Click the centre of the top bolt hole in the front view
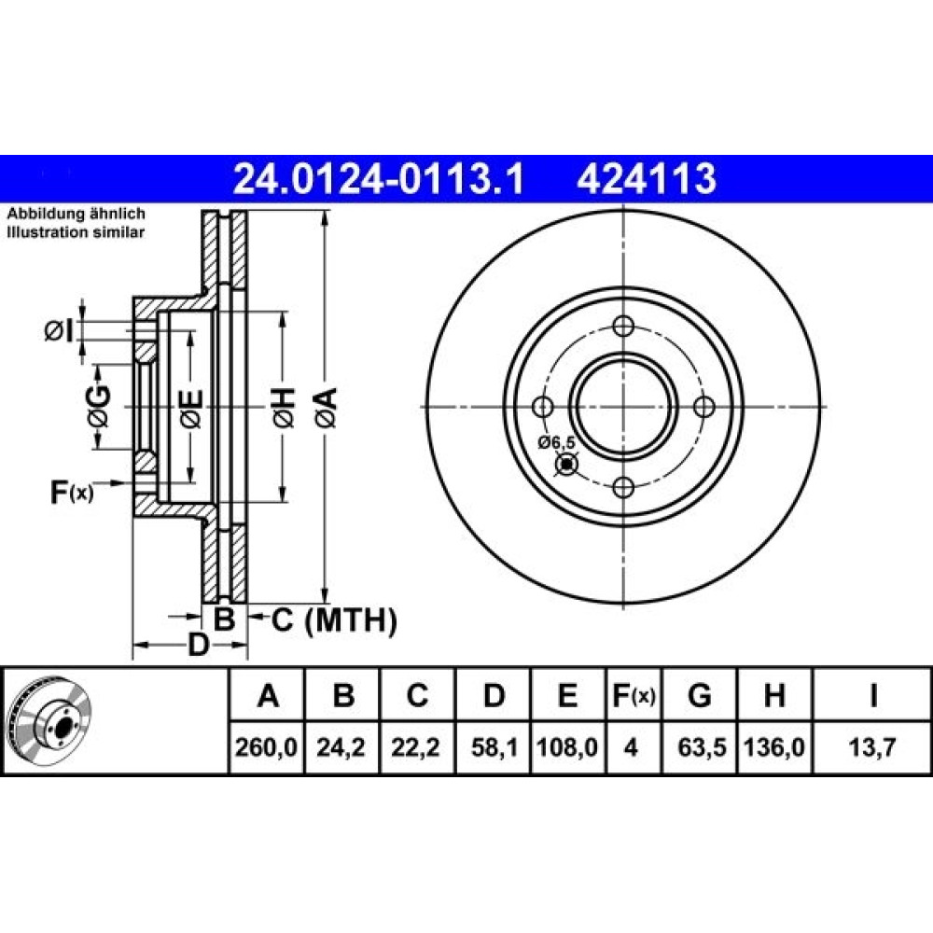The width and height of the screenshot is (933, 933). click(623, 326)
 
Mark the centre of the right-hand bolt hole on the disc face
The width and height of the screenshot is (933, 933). click(704, 407)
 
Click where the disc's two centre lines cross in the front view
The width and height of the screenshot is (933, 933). click(623, 407)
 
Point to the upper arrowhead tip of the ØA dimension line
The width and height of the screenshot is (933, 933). click(325, 212)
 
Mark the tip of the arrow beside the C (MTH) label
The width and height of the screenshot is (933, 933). click(247, 617)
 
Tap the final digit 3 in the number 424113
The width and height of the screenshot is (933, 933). click(704, 178)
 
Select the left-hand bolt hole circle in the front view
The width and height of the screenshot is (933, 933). click(543, 407)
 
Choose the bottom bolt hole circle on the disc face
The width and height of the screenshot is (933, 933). click(623, 488)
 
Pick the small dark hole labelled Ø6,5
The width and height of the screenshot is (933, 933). click(566, 464)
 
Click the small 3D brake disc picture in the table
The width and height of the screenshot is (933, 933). click(50, 720)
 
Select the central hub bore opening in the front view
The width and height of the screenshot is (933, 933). click(623, 407)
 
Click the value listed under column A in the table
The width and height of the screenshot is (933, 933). click(266, 746)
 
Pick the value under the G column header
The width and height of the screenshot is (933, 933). click(701, 746)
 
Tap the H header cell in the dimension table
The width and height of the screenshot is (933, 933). click(774, 695)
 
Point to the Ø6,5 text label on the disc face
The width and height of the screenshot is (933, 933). click(557, 442)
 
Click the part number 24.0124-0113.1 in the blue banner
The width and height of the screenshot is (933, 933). click(379, 178)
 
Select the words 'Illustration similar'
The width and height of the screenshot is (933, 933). click(76, 232)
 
